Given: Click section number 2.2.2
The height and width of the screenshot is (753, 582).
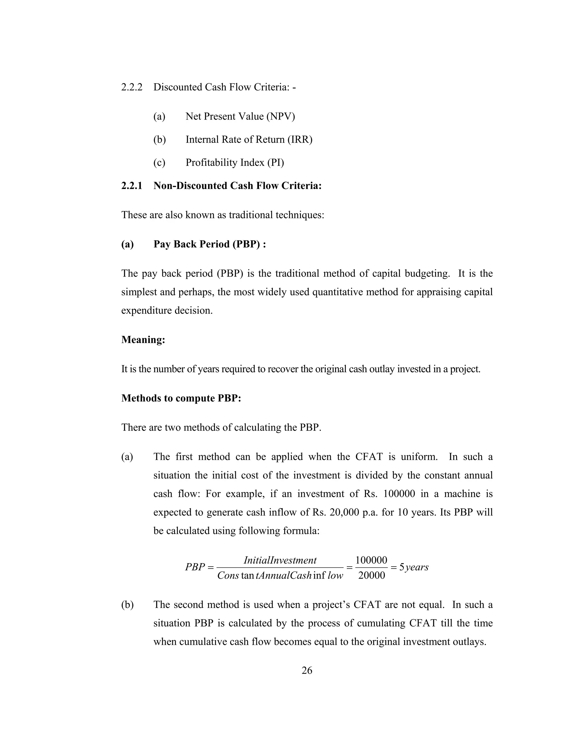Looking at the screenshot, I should (x=132, y=87).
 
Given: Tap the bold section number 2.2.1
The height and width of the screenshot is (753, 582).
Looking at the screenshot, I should (x=132, y=186).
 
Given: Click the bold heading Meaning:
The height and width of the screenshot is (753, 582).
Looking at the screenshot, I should (x=143, y=340).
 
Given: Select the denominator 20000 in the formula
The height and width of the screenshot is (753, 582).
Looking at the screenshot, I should (x=371, y=575).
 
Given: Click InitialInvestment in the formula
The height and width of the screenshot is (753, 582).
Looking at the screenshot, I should (x=280, y=560).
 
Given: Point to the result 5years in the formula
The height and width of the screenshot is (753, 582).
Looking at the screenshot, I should (x=414, y=567).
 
